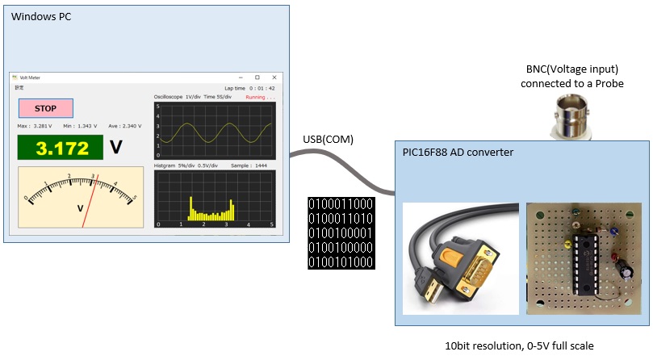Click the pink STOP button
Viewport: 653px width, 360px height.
(46, 108)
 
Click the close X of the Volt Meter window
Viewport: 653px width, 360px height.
(274, 77)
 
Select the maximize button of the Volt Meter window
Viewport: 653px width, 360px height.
(257, 77)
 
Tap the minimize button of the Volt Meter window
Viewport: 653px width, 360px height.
(239, 77)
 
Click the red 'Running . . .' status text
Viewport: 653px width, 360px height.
(260, 97)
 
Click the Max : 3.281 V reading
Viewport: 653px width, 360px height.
(35, 127)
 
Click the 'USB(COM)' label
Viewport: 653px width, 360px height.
(328, 140)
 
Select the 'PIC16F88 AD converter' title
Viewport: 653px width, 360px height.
(458, 152)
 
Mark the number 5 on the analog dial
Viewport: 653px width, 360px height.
(134, 197)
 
